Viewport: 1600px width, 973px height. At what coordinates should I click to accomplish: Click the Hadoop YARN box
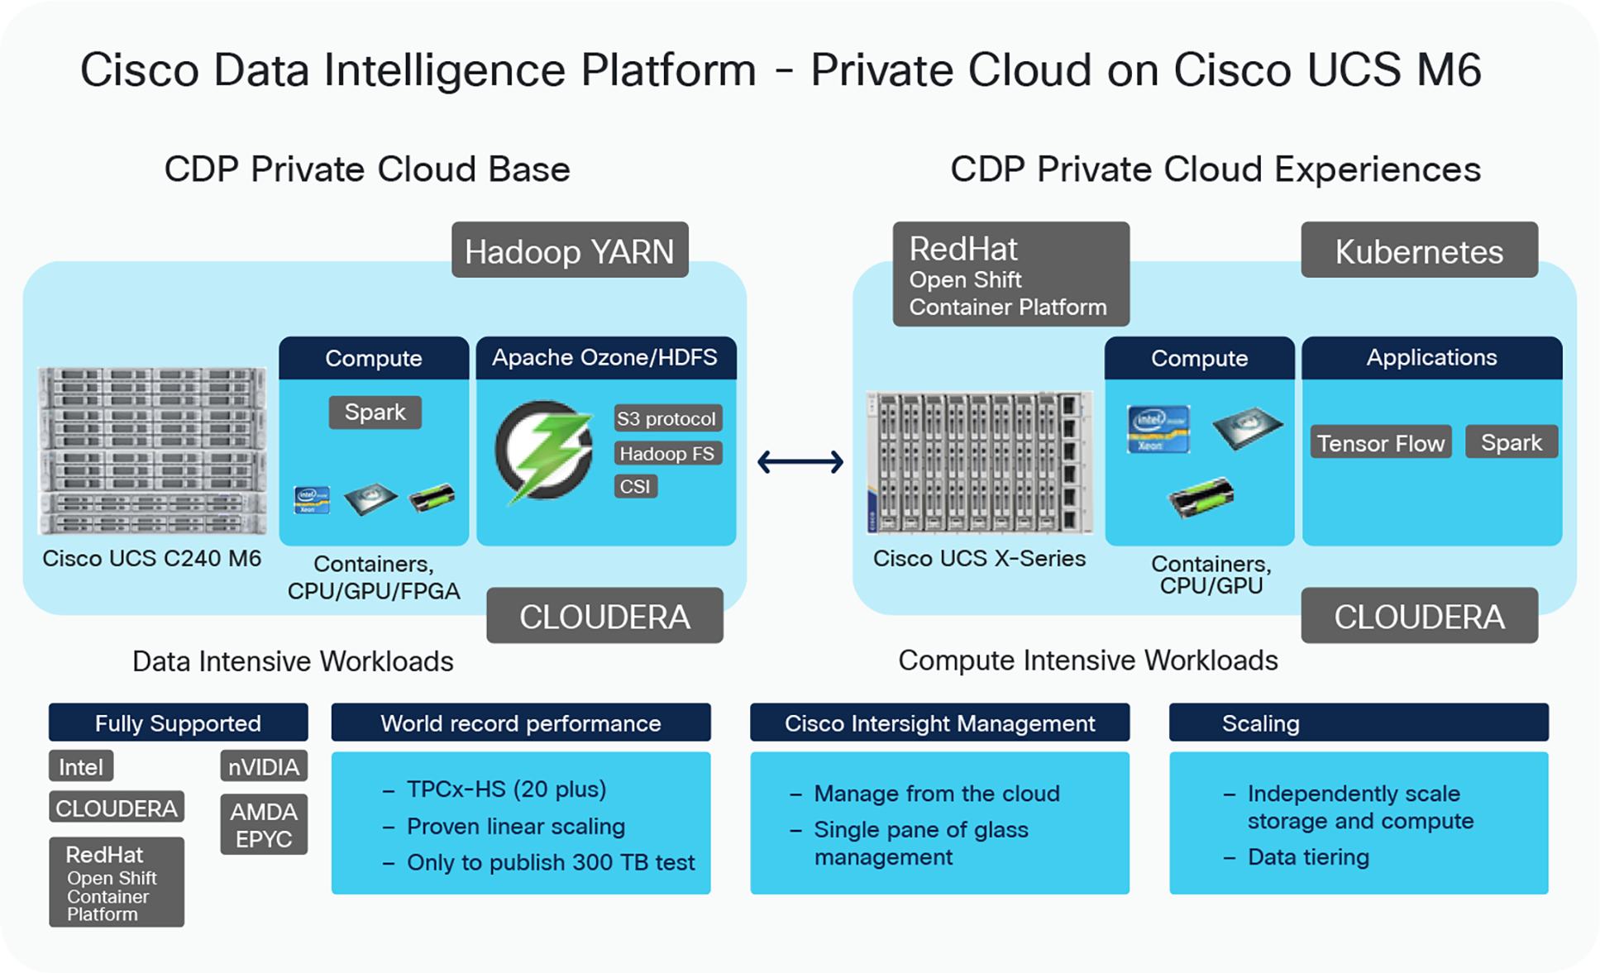click(x=570, y=250)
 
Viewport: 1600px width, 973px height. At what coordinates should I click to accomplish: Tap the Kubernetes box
click(x=1419, y=250)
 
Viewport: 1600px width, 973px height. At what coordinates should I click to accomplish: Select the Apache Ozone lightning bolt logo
click(x=544, y=451)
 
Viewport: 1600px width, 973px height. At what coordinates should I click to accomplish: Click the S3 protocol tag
click(x=666, y=418)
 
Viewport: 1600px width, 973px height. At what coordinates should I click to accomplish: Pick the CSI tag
click(x=635, y=486)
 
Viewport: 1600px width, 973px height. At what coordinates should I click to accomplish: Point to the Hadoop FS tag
click(x=666, y=453)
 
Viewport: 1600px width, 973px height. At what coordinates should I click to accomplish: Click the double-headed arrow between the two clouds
click(x=800, y=461)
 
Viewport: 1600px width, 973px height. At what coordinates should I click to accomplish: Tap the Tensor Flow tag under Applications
click(x=1380, y=443)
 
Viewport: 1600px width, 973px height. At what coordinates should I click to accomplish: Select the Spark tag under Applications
click(x=1511, y=442)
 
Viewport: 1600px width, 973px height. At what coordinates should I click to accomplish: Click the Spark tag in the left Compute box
click(x=375, y=412)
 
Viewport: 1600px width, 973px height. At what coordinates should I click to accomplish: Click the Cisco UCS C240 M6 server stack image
click(x=152, y=451)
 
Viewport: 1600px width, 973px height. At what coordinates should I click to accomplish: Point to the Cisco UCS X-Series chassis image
click(x=979, y=462)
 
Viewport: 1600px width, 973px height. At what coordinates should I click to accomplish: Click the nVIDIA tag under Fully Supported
click(x=263, y=766)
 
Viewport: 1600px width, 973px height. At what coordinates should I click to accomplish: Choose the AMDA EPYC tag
click(x=263, y=824)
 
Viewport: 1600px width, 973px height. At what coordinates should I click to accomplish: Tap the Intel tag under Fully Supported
click(x=80, y=766)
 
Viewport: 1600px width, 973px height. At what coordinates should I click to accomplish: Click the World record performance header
click(x=520, y=723)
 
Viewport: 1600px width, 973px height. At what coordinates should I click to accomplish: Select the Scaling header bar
click(x=1358, y=723)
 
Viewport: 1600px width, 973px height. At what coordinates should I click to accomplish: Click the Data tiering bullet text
click(x=1307, y=857)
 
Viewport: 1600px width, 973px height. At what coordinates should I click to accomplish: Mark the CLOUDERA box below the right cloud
click(x=1419, y=616)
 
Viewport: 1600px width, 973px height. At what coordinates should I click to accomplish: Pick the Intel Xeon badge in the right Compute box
click(x=1158, y=428)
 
